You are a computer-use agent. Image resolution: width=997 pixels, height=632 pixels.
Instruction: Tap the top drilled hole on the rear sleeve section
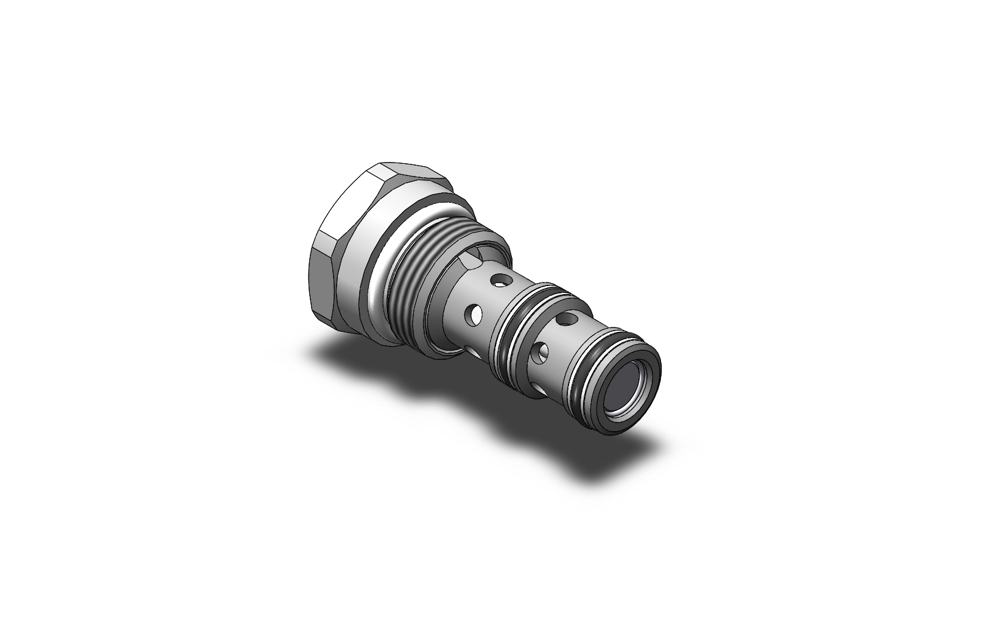click(501, 281)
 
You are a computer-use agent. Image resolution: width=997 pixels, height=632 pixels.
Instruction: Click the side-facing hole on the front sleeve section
click(541, 351)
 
